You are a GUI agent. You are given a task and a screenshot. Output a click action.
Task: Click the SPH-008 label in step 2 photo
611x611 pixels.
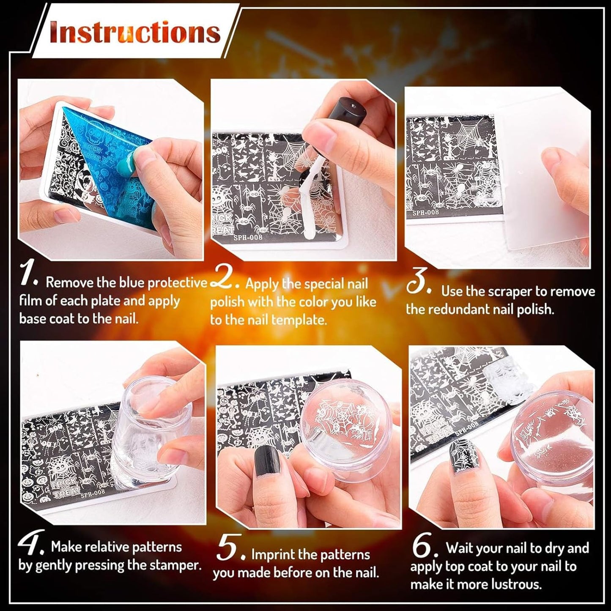[x=248, y=237]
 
